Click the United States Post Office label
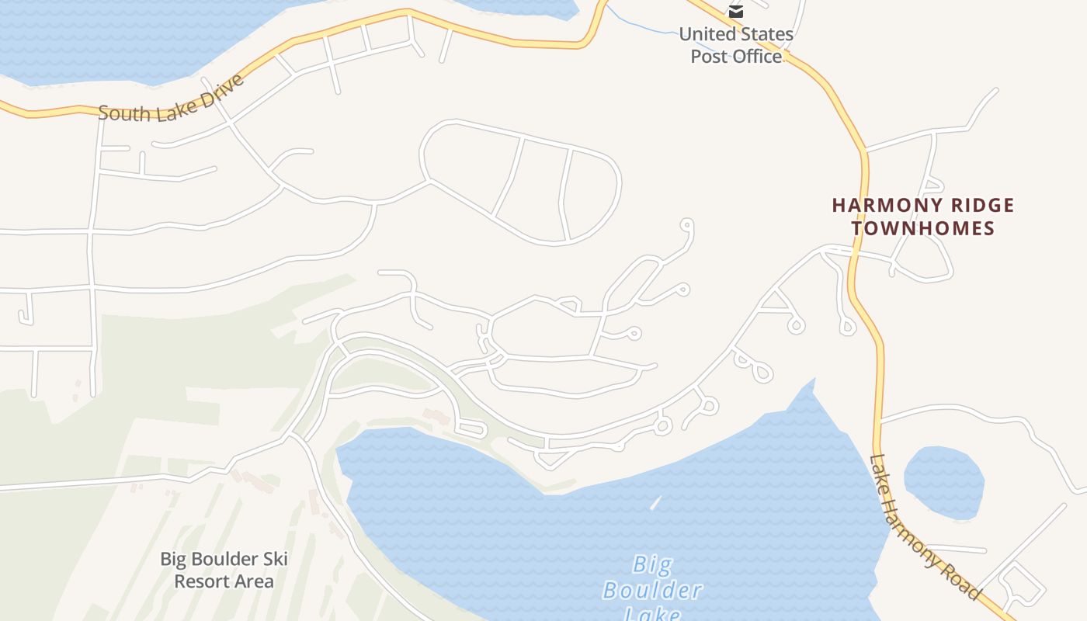click(x=736, y=45)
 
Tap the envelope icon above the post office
click(x=736, y=12)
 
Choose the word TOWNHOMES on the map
click(x=923, y=228)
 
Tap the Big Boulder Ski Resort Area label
click(x=224, y=570)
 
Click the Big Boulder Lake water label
click(x=653, y=589)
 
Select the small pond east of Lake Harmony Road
click(x=943, y=481)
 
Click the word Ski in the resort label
click(x=275, y=559)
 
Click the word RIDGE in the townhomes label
click(x=981, y=206)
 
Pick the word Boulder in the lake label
click(x=653, y=590)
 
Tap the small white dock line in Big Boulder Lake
click(x=655, y=503)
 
